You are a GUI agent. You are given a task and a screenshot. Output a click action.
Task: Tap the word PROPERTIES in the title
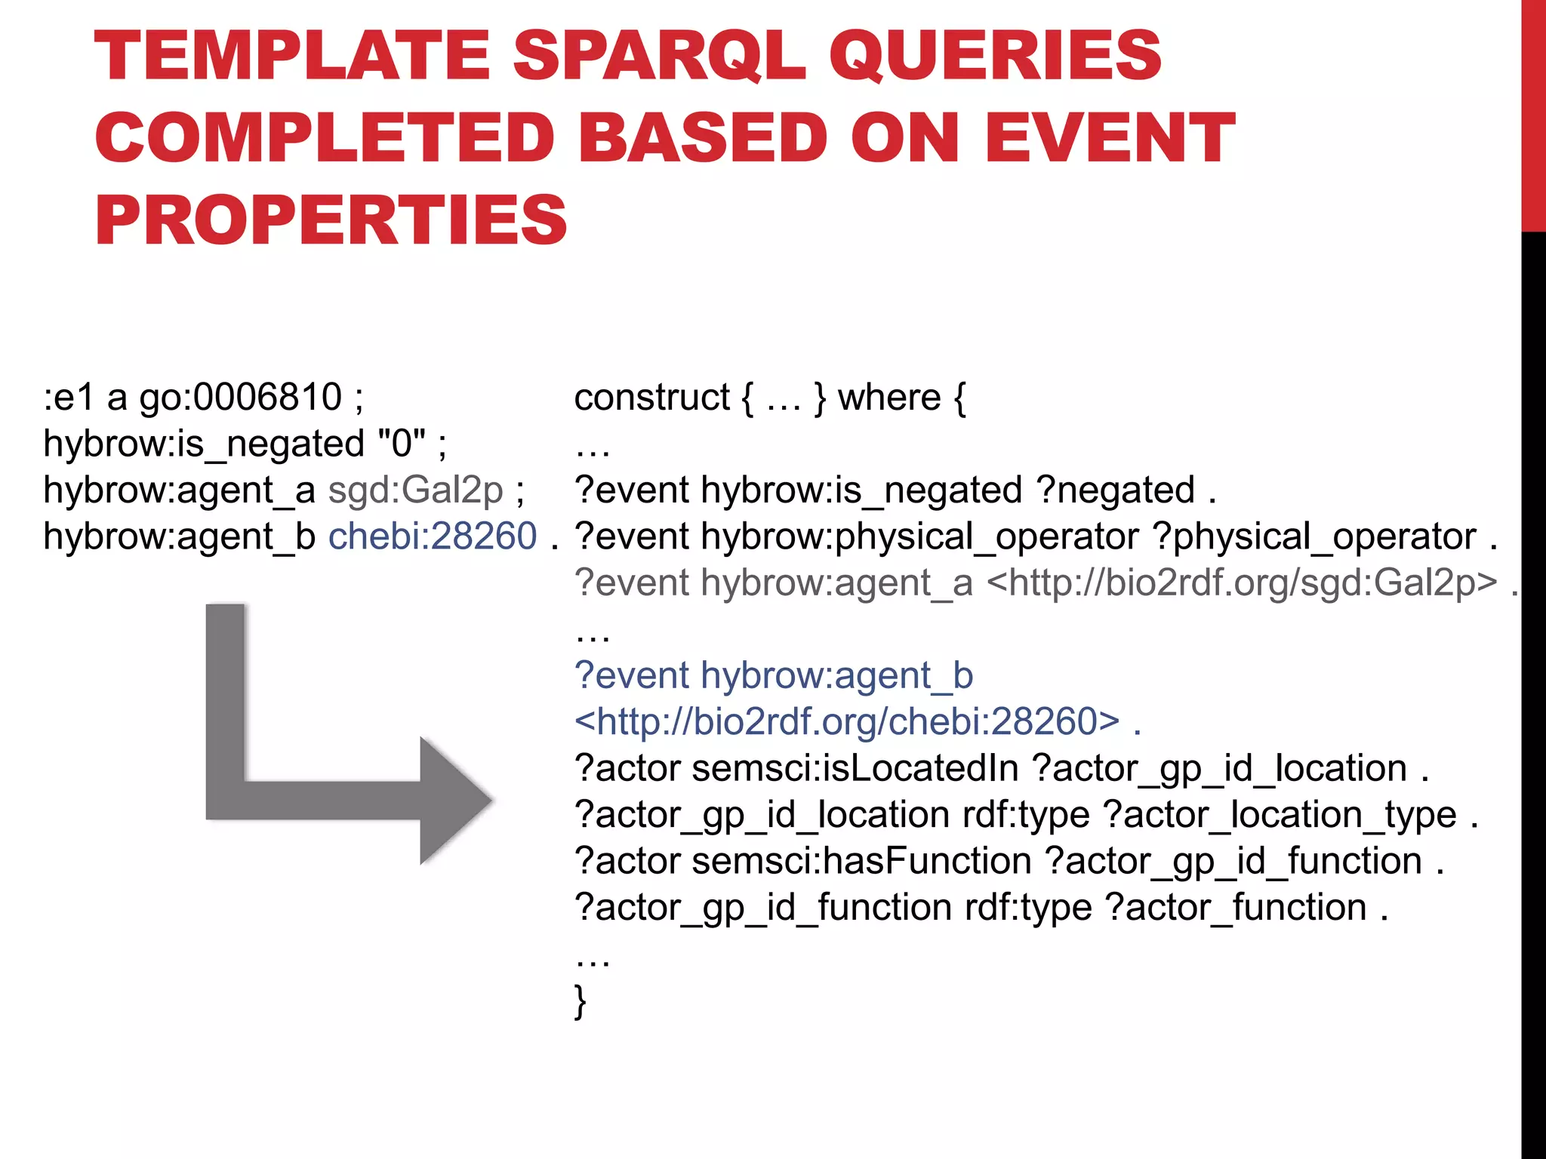tap(331, 220)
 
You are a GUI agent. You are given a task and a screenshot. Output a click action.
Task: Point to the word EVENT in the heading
tap(1110, 138)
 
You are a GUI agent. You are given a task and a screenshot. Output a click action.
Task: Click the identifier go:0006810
tap(240, 397)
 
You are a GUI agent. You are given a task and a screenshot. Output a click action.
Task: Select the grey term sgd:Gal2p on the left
tap(416, 490)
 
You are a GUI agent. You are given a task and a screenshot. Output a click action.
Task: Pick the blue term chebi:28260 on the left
tap(433, 536)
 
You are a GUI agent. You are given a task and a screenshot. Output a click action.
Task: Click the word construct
tap(651, 398)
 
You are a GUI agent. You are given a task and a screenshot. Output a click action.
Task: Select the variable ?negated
tap(1116, 490)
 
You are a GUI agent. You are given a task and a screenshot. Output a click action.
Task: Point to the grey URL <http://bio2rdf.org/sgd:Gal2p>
tap(1242, 583)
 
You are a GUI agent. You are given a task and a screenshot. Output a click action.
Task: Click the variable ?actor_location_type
tap(1280, 816)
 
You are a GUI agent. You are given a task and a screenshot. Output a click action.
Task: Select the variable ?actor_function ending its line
tap(1236, 908)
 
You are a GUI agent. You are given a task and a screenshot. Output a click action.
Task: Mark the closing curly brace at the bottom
tap(580, 1001)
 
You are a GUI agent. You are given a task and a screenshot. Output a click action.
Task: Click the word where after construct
tap(889, 398)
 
